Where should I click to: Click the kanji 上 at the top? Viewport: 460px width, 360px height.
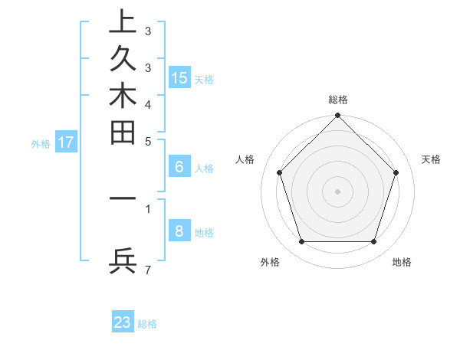(123, 23)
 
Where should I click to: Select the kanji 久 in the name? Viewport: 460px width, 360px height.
(123, 60)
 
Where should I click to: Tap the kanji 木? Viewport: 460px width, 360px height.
(123, 97)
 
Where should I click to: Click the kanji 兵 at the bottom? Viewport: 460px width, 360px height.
(123, 261)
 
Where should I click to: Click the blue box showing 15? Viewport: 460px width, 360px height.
(179, 78)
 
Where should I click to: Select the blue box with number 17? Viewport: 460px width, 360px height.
(66, 142)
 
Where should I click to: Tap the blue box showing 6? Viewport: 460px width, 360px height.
(179, 167)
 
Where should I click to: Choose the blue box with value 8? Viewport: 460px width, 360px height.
(179, 231)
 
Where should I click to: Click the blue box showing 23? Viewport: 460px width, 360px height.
(123, 322)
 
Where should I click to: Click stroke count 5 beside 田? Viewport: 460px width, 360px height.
(148, 141)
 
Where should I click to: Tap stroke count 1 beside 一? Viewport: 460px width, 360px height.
(148, 208)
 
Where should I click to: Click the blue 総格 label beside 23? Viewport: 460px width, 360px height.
(147, 324)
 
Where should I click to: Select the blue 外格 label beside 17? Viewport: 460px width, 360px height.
(41, 143)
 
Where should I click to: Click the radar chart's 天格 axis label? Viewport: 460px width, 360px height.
(432, 159)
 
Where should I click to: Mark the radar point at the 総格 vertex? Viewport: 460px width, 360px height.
(337, 116)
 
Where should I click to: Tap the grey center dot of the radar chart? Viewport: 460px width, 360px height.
(337, 191)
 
